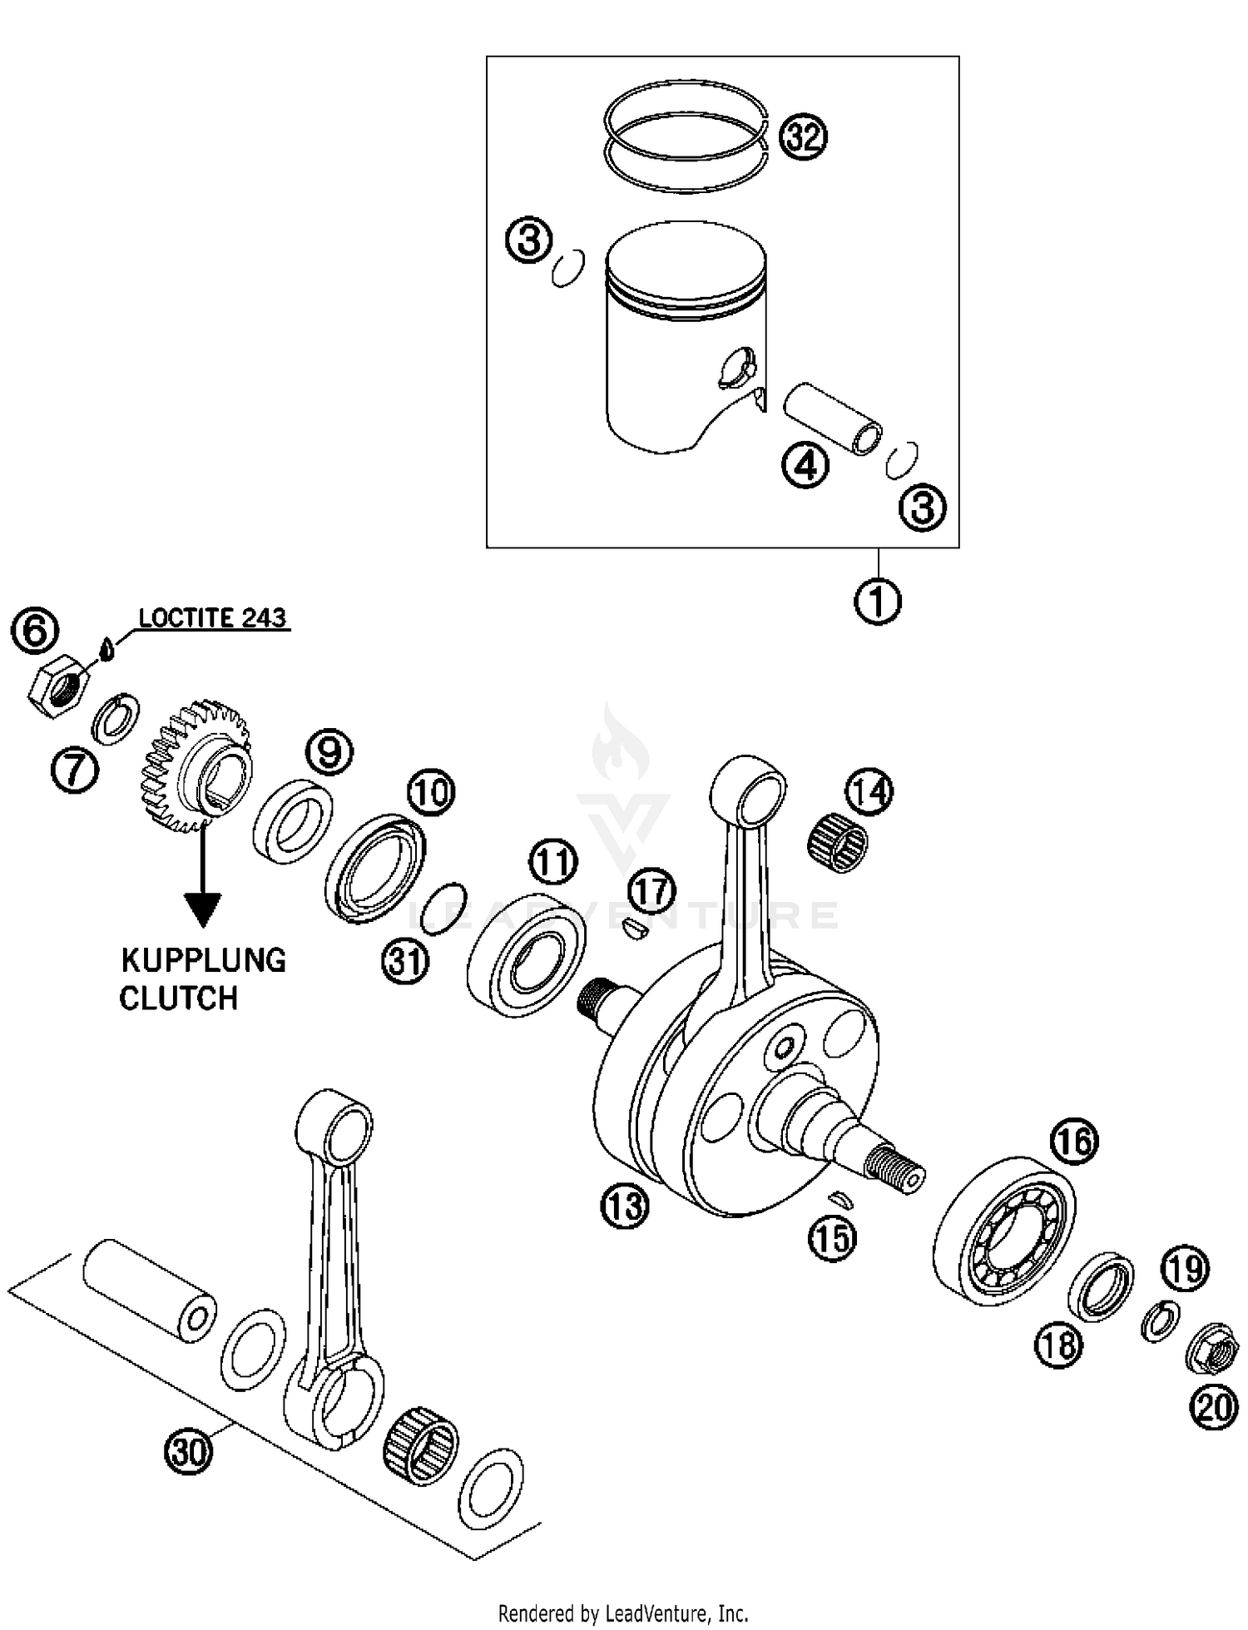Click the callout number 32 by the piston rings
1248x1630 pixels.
click(803, 136)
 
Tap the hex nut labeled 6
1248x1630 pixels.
click(58, 685)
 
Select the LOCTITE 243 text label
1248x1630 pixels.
click(212, 618)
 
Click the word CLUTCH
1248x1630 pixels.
click(178, 998)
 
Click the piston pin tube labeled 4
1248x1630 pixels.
click(834, 418)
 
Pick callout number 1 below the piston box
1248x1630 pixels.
click(878, 601)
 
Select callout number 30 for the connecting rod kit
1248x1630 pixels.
click(189, 1451)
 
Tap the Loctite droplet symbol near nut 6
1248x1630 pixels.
click(105, 647)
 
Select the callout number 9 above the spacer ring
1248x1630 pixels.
click(329, 752)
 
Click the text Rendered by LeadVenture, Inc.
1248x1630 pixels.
click(622, 1613)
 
